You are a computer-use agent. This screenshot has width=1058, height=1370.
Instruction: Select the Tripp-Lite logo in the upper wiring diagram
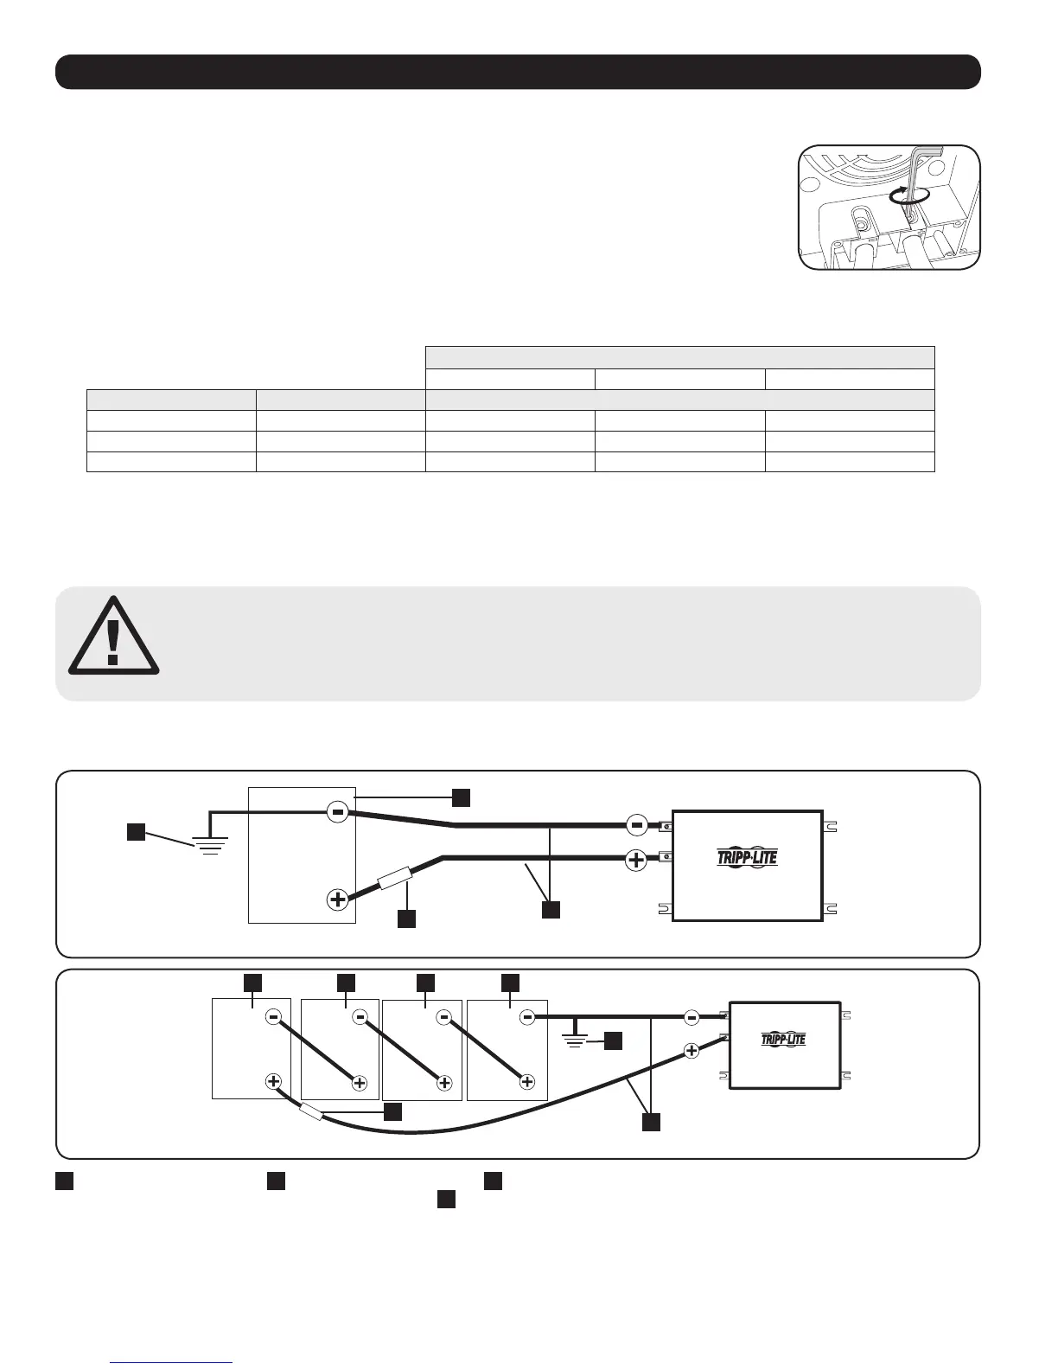pos(747,858)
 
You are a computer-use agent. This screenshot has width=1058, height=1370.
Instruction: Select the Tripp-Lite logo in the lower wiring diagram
pos(784,1039)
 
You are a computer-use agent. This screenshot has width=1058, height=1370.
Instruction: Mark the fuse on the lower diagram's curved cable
pos(312,1115)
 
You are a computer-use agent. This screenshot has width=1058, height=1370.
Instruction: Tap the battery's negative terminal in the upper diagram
pos(338,812)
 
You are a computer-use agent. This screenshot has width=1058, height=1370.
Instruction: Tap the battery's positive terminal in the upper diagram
pos(338,900)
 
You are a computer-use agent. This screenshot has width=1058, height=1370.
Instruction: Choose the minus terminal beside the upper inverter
pos(636,825)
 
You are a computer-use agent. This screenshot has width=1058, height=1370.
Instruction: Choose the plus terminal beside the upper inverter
pos(636,861)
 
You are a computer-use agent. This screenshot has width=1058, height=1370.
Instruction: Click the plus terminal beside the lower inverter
pos(692,1051)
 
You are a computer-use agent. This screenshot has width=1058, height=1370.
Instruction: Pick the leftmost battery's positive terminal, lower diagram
pos(273,1081)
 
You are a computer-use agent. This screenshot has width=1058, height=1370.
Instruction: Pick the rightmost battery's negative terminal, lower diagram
pos(527,1017)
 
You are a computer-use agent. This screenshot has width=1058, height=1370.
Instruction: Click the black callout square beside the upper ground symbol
pos(136,832)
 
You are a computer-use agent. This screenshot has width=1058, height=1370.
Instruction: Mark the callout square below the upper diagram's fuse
pos(406,919)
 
